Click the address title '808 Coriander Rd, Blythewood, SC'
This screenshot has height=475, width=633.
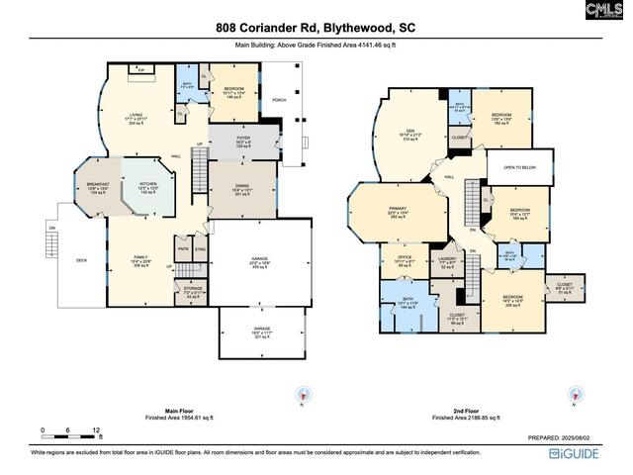click(x=316, y=29)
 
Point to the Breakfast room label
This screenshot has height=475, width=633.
click(x=96, y=186)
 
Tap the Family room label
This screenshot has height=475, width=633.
click(x=141, y=261)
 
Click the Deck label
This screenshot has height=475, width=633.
click(x=82, y=260)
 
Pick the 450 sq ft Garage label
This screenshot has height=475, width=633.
click(x=260, y=262)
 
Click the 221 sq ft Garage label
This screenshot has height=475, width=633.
click(x=261, y=332)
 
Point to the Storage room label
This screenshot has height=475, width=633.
click(x=192, y=294)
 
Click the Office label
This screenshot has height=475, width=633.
click(x=404, y=262)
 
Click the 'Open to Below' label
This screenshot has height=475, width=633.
click(x=518, y=168)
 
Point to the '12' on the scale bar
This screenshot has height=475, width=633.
click(x=97, y=430)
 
